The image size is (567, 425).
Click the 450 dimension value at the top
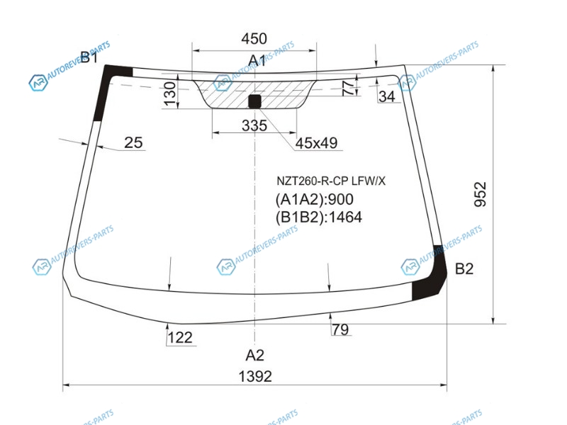[x=254, y=39]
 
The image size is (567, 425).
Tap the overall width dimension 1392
[x=255, y=377]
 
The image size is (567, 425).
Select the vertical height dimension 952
[x=481, y=194]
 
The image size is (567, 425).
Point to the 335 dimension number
[x=254, y=126]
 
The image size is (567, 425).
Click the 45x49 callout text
[x=316, y=143]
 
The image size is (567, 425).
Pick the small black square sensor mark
[x=254, y=101]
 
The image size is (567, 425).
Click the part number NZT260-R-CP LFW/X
[x=331, y=181]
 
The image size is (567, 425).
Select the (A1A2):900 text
[x=315, y=200]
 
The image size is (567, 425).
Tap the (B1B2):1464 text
[x=318, y=217]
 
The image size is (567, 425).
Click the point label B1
[x=89, y=57]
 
